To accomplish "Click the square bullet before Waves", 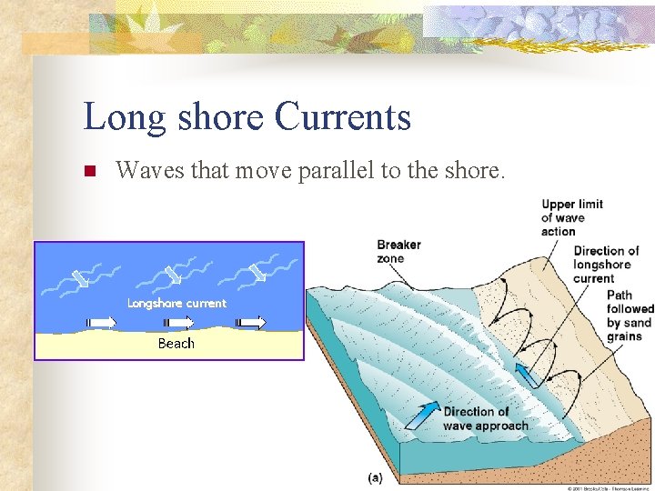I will pos(89,171).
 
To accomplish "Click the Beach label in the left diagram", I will pos(176,344).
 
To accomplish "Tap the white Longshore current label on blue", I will pos(176,303).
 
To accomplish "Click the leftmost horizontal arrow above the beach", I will pos(102,322).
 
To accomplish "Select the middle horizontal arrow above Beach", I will pos(177,322).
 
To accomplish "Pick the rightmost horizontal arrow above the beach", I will pos(251,322).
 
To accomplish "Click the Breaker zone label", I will pos(398,251).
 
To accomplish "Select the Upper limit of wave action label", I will pos(571,217).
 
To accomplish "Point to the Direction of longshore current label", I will pos(606,264).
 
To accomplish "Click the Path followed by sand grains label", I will pos(630,316).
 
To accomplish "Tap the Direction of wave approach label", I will pos(485,418).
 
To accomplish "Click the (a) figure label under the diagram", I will pos(374,477).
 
